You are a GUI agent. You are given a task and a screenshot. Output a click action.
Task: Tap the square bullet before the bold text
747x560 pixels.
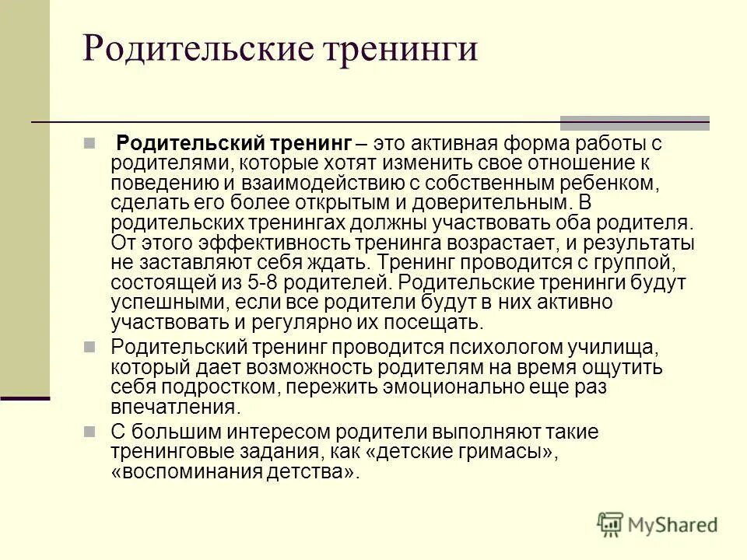[110, 144]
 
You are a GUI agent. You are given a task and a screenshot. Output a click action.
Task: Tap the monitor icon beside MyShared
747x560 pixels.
[612, 523]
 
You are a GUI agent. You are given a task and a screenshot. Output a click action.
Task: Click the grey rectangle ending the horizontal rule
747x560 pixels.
[634, 123]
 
